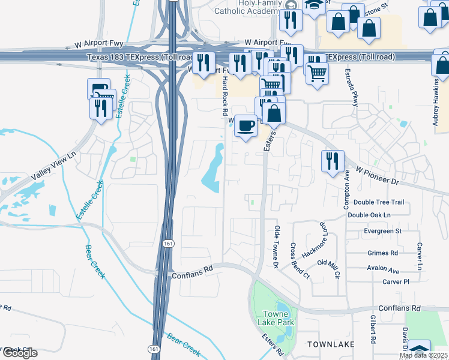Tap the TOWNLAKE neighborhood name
[330, 344]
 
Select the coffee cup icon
[245, 126]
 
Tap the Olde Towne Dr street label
[277, 247]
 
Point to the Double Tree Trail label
[379, 202]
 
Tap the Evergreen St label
[382, 231]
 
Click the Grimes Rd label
[382, 253]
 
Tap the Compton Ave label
[346, 190]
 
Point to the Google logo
[20, 353]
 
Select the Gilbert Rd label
[373, 329]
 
